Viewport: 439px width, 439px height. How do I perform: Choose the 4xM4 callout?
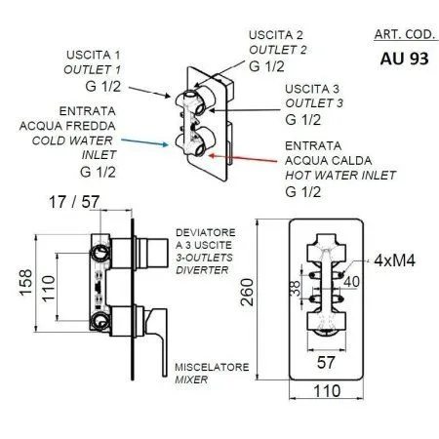(x=391, y=261)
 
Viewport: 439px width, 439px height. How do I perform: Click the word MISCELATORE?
(x=210, y=367)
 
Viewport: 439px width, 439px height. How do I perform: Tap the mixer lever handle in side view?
(x=146, y=322)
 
